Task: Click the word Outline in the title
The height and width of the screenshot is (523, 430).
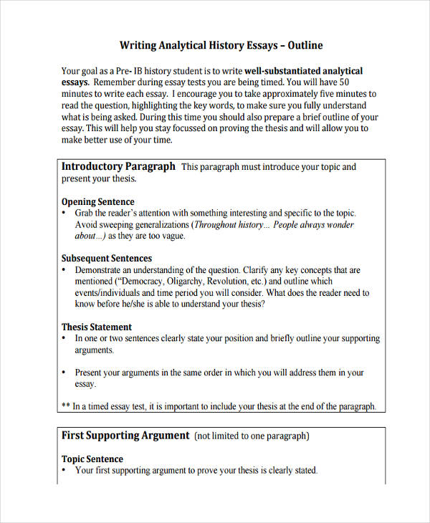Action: pos(305,46)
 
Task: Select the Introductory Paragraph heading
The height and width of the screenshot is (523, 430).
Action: pos(118,166)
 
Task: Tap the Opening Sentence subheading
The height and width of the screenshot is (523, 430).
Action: pos(97,202)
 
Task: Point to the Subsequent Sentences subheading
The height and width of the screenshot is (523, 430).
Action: pos(107,259)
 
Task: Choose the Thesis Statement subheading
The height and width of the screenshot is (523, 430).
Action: pos(97,327)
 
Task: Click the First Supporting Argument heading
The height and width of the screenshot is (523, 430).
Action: pos(125,435)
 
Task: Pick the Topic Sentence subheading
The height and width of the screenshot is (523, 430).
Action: pos(92,459)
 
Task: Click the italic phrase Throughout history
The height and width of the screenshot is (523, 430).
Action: pos(229,224)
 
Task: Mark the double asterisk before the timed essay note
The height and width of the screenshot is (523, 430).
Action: pos(65,406)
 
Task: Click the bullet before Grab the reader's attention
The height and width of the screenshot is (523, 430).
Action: pos(64,213)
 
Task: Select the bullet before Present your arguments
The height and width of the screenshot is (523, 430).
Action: pos(64,373)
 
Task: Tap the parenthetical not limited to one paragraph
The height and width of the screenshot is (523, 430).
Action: pos(252,436)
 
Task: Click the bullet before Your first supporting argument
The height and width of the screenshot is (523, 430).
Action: pos(64,471)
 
